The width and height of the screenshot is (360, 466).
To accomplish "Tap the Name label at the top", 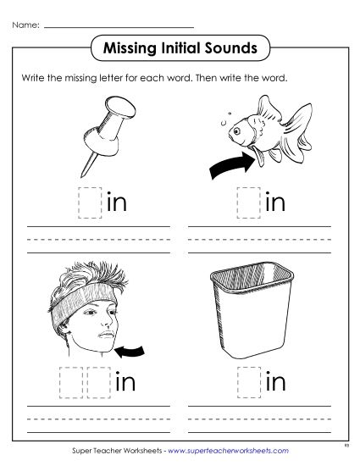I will click(26, 26).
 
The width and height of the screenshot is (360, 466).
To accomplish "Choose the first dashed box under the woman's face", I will click(69, 384).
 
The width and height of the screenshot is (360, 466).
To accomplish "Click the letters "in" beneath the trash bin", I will click(276, 383).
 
